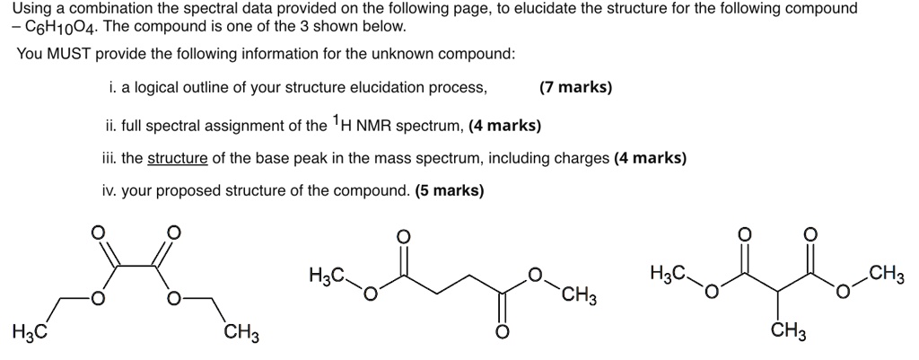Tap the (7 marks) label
point(575,87)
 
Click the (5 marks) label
point(451,190)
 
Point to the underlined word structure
point(177,158)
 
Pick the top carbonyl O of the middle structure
point(404,236)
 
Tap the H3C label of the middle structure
point(325,272)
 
